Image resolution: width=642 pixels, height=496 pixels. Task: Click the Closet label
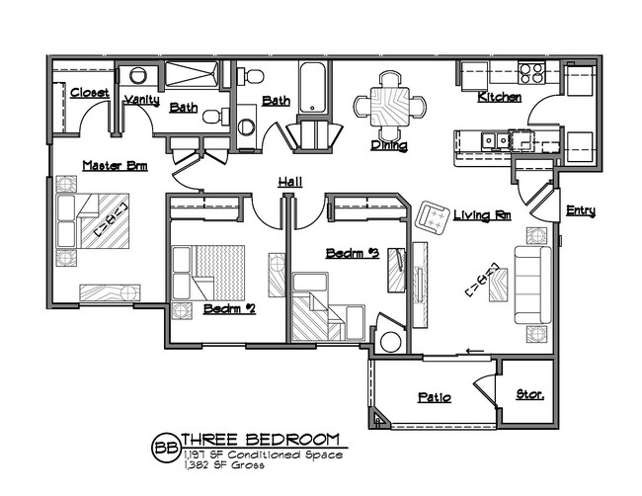pyautogui.click(x=89, y=93)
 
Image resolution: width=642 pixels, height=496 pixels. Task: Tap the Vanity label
pyautogui.click(x=141, y=100)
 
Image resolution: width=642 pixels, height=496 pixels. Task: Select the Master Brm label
pyautogui.click(x=115, y=166)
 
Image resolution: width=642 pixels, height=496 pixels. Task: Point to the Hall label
pyautogui.click(x=289, y=182)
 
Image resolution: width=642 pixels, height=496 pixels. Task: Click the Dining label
pyautogui.click(x=388, y=145)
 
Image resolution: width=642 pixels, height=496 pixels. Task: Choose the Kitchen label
pyautogui.click(x=499, y=98)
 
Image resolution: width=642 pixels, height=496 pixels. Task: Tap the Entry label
pyautogui.click(x=580, y=210)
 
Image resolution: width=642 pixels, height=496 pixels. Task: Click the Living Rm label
pyautogui.click(x=481, y=214)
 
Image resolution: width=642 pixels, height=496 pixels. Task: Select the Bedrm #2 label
pyautogui.click(x=229, y=308)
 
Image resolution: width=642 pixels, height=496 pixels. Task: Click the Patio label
pyautogui.click(x=434, y=397)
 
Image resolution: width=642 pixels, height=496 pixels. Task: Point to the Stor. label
pyautogui.click(x=530, y=394)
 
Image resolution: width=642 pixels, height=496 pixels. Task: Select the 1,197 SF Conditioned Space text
pyautogui.click(x=262, y=455)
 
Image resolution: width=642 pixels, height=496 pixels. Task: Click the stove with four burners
pyautogui.click(x=530, y=73)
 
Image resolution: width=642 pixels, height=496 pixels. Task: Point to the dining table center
pyautogui.click(x=391, y=102)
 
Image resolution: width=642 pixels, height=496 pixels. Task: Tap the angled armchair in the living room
pyautogui.click(x=433, y=215)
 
